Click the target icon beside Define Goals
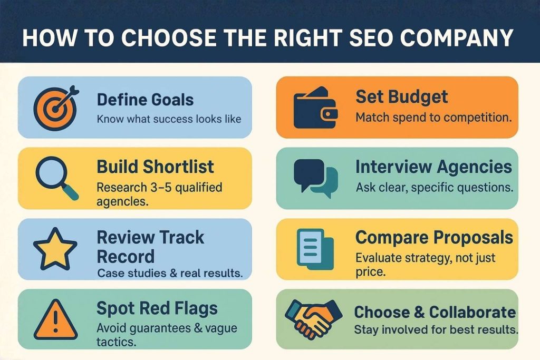tap(55, 108)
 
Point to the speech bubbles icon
tap(315, 178)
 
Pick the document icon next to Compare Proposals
tap(315, 247)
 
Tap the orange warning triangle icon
tap(55, 318)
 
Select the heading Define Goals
tap(145, 99)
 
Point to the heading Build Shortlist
tap(155, 167)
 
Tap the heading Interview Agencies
tap(433, 167)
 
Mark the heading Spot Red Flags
tap(157, 308)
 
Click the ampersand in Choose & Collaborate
tap(419, 312)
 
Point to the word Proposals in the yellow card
tap(472, 237)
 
